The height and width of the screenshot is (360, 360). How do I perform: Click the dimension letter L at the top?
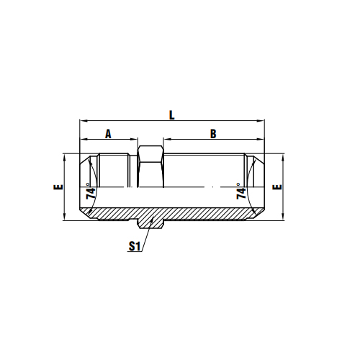coord(171,115)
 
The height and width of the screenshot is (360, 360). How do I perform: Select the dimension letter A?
coord(108,134)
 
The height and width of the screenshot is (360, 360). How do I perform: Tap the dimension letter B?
coord(213,134)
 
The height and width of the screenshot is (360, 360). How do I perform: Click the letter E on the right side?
coord(277,186)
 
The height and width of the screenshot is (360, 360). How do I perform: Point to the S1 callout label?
coord(134,246)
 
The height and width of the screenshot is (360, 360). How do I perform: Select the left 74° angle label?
coord(91,192)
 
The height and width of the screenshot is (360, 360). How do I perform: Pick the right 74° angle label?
coord(241,192)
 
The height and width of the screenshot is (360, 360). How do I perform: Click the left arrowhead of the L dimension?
coord(84,120)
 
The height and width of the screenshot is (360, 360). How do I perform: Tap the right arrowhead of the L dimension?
coord(261,120)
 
